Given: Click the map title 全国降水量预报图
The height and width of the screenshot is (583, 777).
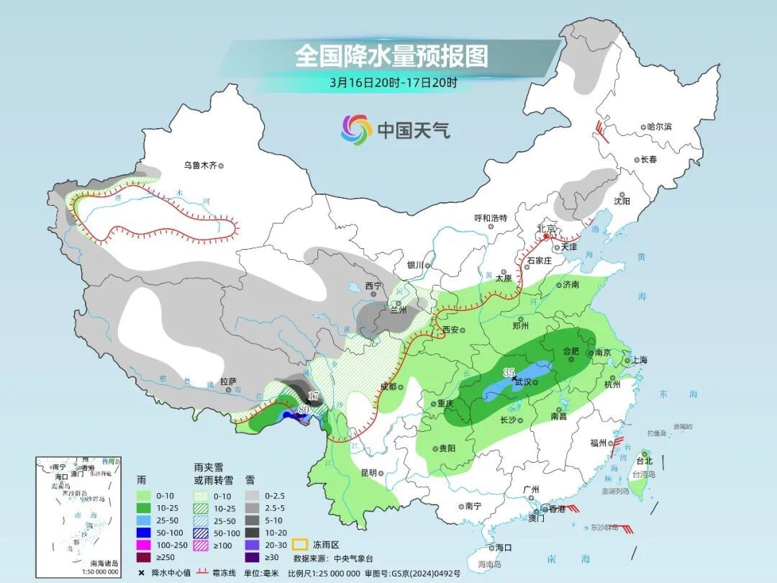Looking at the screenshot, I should (391, 56).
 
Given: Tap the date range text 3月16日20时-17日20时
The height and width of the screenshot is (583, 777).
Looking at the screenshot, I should (394, 82).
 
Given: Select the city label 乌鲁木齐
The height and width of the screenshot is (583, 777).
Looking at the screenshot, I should (199, 166).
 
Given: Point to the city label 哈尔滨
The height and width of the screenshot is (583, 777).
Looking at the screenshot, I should (659, 127).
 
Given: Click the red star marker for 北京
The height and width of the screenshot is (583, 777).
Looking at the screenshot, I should (546, 236).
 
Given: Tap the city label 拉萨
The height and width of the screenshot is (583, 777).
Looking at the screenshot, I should (228, 381).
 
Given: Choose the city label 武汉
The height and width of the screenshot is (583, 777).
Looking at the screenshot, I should (523, 382).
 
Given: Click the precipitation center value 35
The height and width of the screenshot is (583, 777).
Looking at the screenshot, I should (509, 371).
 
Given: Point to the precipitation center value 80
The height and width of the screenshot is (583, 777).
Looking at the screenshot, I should (304, 410).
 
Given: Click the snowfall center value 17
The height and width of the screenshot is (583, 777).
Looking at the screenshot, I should (313, 396).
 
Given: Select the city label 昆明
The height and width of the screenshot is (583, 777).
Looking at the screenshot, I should (368, 473).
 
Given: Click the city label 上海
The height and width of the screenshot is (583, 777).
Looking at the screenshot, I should (640, 361).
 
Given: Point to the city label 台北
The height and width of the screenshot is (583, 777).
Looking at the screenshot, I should (644, 461).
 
